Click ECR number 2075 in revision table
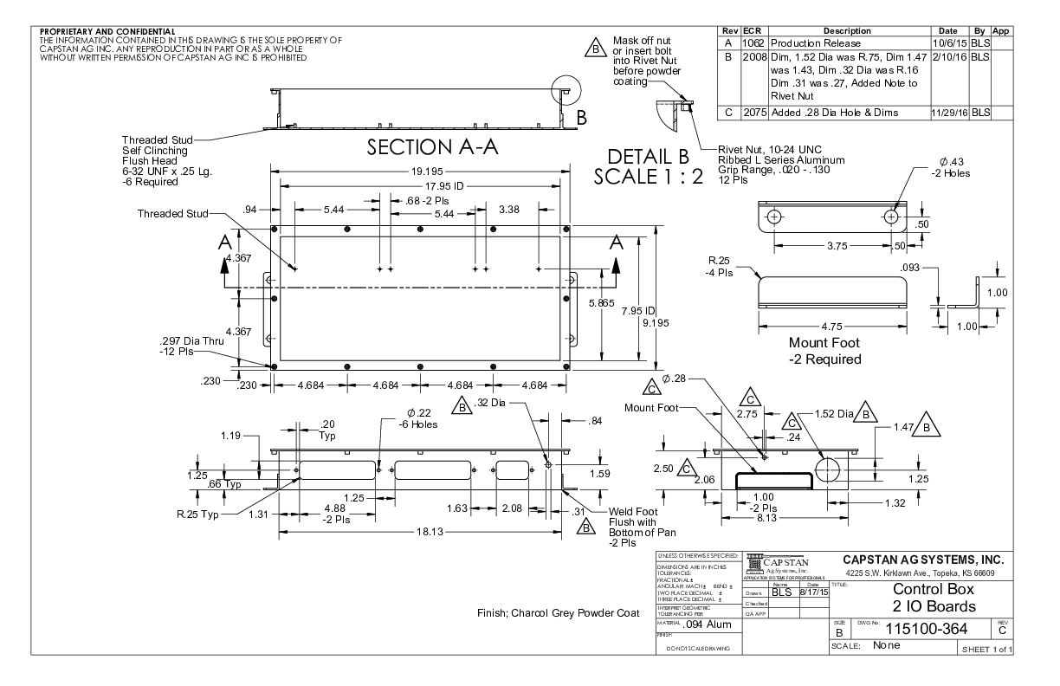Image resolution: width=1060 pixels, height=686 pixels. [754, 113]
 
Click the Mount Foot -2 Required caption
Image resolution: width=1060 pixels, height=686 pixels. [824, 351]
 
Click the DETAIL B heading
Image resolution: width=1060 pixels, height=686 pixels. [647, 158]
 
